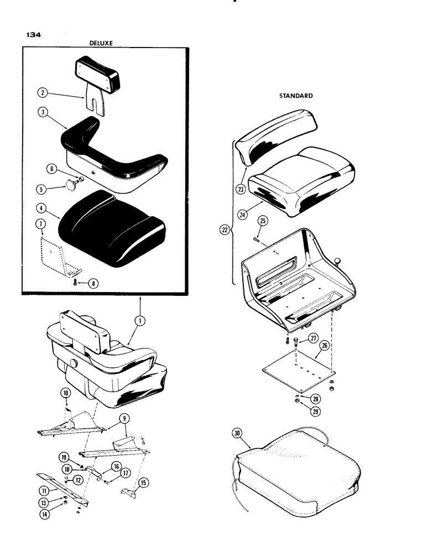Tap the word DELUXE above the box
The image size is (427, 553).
click(x=101, y=43)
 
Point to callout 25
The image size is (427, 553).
click(x=262, y=221)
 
